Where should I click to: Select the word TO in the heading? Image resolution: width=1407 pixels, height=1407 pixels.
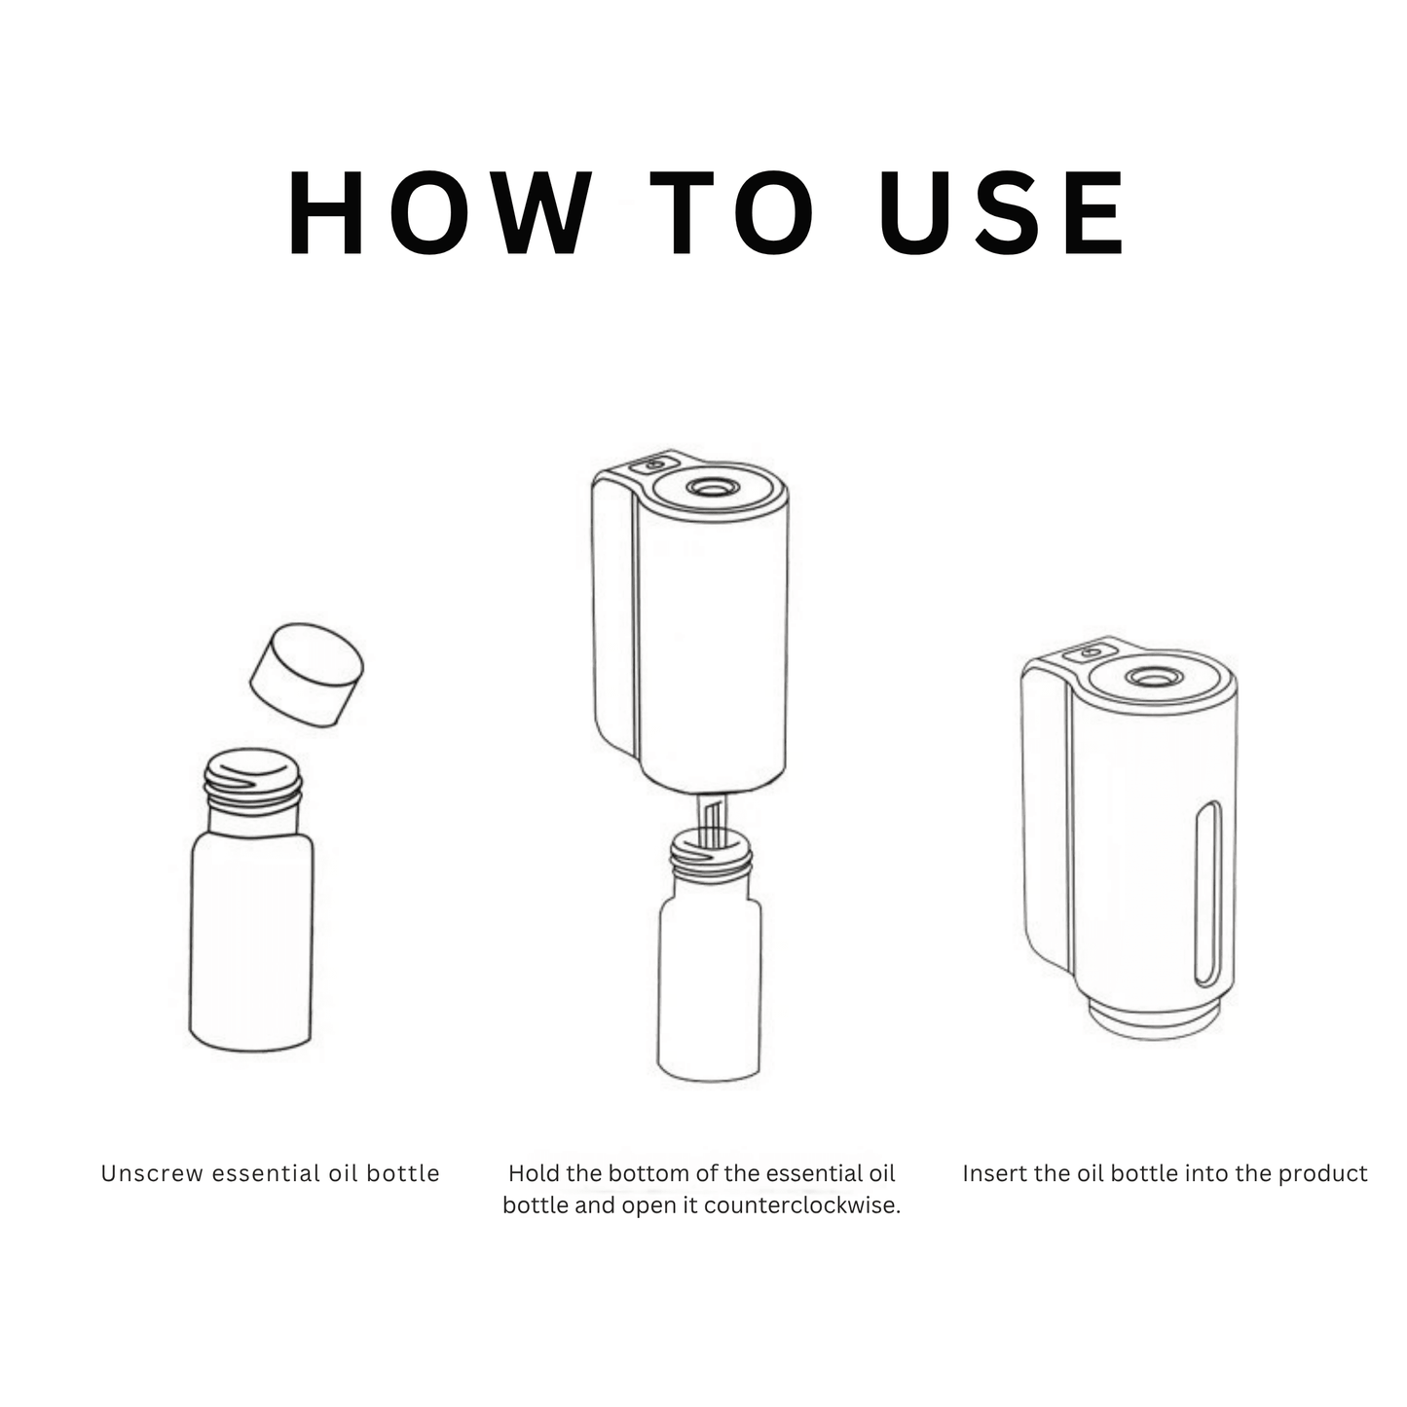732,212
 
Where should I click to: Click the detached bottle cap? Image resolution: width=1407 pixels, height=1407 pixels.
307,675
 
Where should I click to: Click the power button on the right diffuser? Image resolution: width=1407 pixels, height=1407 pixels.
1091,652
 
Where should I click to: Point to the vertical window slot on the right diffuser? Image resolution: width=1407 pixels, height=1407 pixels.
1207,893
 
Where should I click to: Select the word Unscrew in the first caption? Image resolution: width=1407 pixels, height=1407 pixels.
152,1173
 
